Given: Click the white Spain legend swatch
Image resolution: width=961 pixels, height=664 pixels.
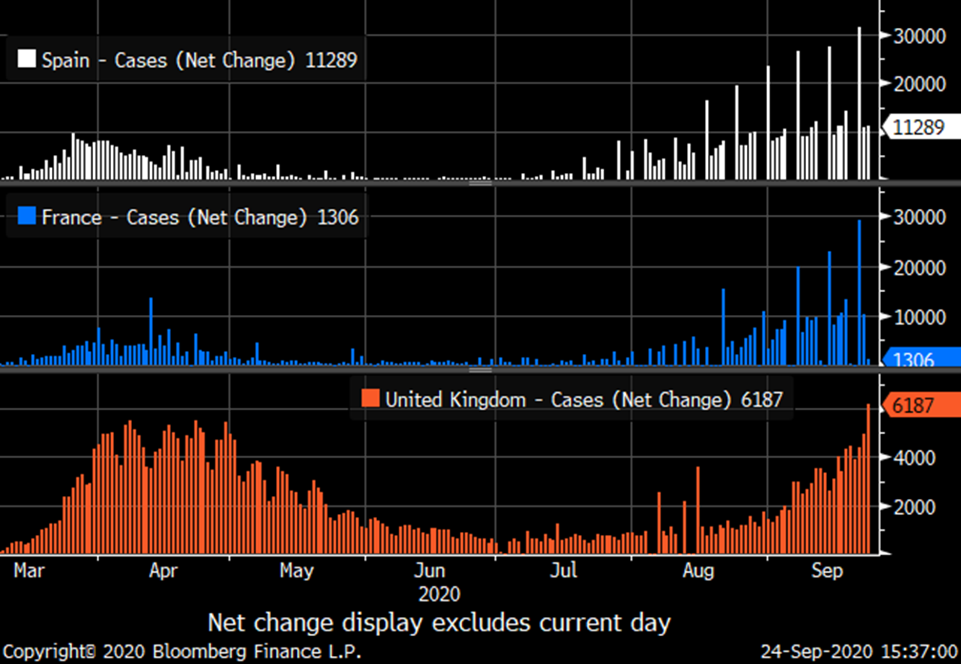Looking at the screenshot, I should [27, 59].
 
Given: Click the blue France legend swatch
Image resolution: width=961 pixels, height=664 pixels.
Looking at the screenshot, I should [27, 216].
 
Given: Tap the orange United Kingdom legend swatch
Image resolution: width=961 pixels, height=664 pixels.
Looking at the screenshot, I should [370, 398].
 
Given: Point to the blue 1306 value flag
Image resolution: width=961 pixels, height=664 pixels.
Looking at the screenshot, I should [919, 359].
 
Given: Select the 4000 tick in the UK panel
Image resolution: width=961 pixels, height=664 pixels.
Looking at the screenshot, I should [914, 458].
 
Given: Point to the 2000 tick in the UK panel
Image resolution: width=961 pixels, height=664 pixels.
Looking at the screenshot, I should [914, 507].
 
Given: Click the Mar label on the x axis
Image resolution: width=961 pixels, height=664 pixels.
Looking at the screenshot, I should [29, 570].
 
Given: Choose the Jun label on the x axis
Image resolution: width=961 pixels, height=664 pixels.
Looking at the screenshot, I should [430, 570].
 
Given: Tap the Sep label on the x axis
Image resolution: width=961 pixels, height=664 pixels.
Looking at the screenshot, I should [827, 570].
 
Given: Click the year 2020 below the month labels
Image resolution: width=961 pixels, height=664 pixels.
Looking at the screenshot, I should [439, 594].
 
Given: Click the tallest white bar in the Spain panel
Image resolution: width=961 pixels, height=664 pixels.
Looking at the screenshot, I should [860, 103].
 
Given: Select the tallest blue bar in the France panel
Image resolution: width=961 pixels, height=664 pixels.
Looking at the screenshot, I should [860, 292].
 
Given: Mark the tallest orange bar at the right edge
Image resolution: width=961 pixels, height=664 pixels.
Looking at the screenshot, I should [868, 479].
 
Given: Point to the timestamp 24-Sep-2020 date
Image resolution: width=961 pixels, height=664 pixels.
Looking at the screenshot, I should [816, 652].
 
